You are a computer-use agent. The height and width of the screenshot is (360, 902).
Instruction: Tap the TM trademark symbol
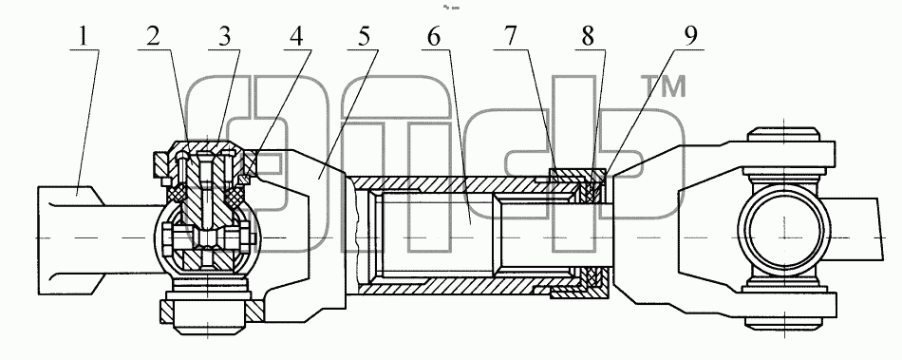coord(665,86)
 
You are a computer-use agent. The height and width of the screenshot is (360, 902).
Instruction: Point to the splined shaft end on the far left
coord(69,237)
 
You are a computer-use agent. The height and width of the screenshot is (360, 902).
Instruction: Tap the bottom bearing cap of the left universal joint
coord(207,315)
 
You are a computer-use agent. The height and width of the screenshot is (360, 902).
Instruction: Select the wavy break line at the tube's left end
coord(357,236)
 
